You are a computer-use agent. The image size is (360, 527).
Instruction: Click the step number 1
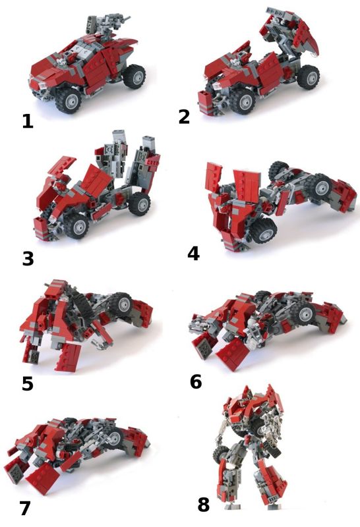28,121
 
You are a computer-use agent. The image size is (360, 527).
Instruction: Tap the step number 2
184,117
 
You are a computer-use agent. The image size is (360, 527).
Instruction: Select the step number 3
28,259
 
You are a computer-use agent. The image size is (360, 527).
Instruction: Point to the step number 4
193,254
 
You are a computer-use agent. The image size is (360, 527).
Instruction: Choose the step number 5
28,384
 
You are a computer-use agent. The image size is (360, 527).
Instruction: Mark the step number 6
196,382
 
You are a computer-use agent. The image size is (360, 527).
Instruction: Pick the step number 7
25,508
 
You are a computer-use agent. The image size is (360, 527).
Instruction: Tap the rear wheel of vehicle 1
134,76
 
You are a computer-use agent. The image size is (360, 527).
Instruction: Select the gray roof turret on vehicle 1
107,26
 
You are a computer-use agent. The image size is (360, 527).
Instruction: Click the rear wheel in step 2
308,77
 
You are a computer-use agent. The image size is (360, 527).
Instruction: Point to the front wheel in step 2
242,100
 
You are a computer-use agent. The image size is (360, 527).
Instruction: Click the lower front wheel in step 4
264,231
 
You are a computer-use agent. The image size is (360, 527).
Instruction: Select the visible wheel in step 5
121,304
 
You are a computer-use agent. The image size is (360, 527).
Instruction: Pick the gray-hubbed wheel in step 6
305,312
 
